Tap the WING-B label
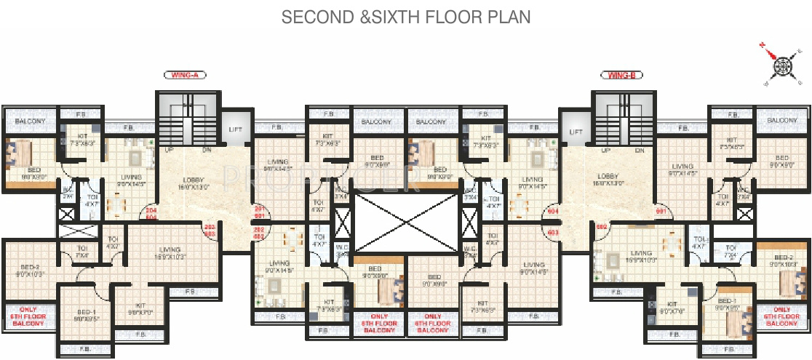pos(621,74)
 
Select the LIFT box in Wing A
pos(235,129)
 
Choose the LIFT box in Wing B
pos(576,132)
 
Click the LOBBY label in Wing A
pos(193,180)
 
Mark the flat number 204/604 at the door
pos(151,213)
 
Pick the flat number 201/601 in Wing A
pos(259,212)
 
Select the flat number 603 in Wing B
pos(552,232)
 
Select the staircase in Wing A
pos(187,123)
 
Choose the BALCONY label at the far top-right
pos(782,120)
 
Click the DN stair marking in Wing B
pos(639,151)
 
